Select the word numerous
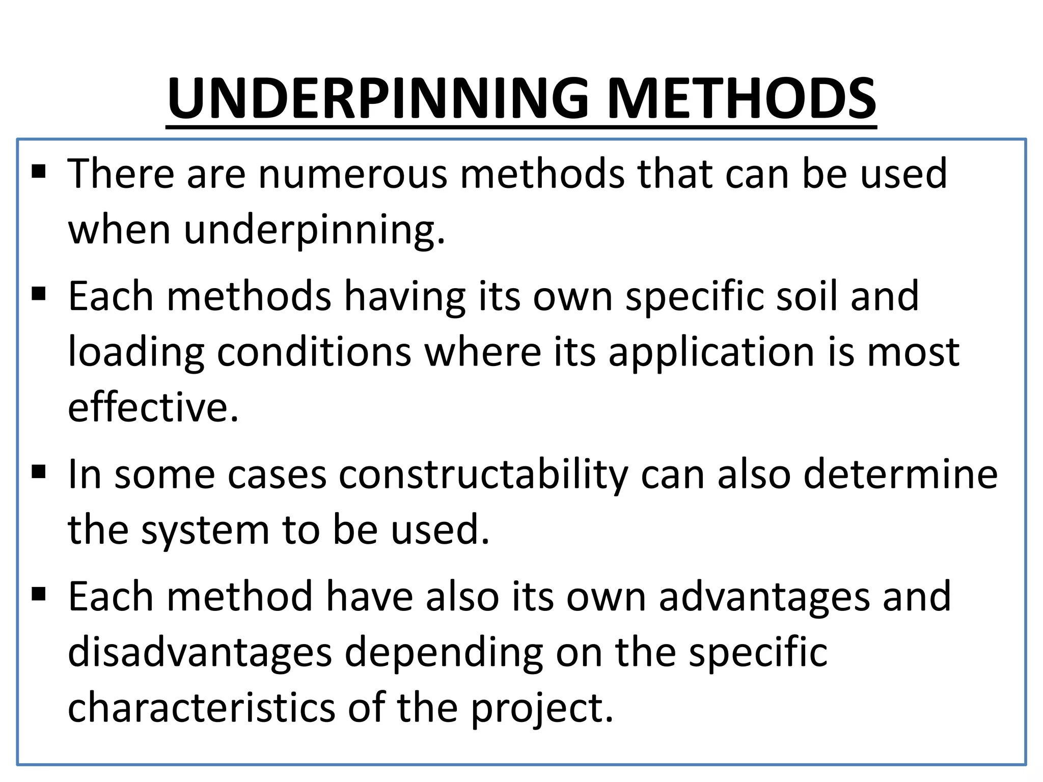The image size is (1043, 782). tap(353, 174)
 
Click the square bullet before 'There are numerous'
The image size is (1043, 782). tap(39, 171)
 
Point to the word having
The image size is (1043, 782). tap(405, 296)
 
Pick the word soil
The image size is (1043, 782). tap(806, 296)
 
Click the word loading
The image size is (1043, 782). tap(136, 353)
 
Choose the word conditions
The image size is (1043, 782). tap(314, 352)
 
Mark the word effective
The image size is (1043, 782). tap(153, 408)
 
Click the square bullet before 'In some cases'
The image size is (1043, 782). tap(39, 472)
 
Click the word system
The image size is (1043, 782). tap(205, 531)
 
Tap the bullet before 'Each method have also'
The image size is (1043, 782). tap(39, 594)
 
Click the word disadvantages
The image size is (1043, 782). tap(200, 652)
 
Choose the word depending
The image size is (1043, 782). tap(444, 653)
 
